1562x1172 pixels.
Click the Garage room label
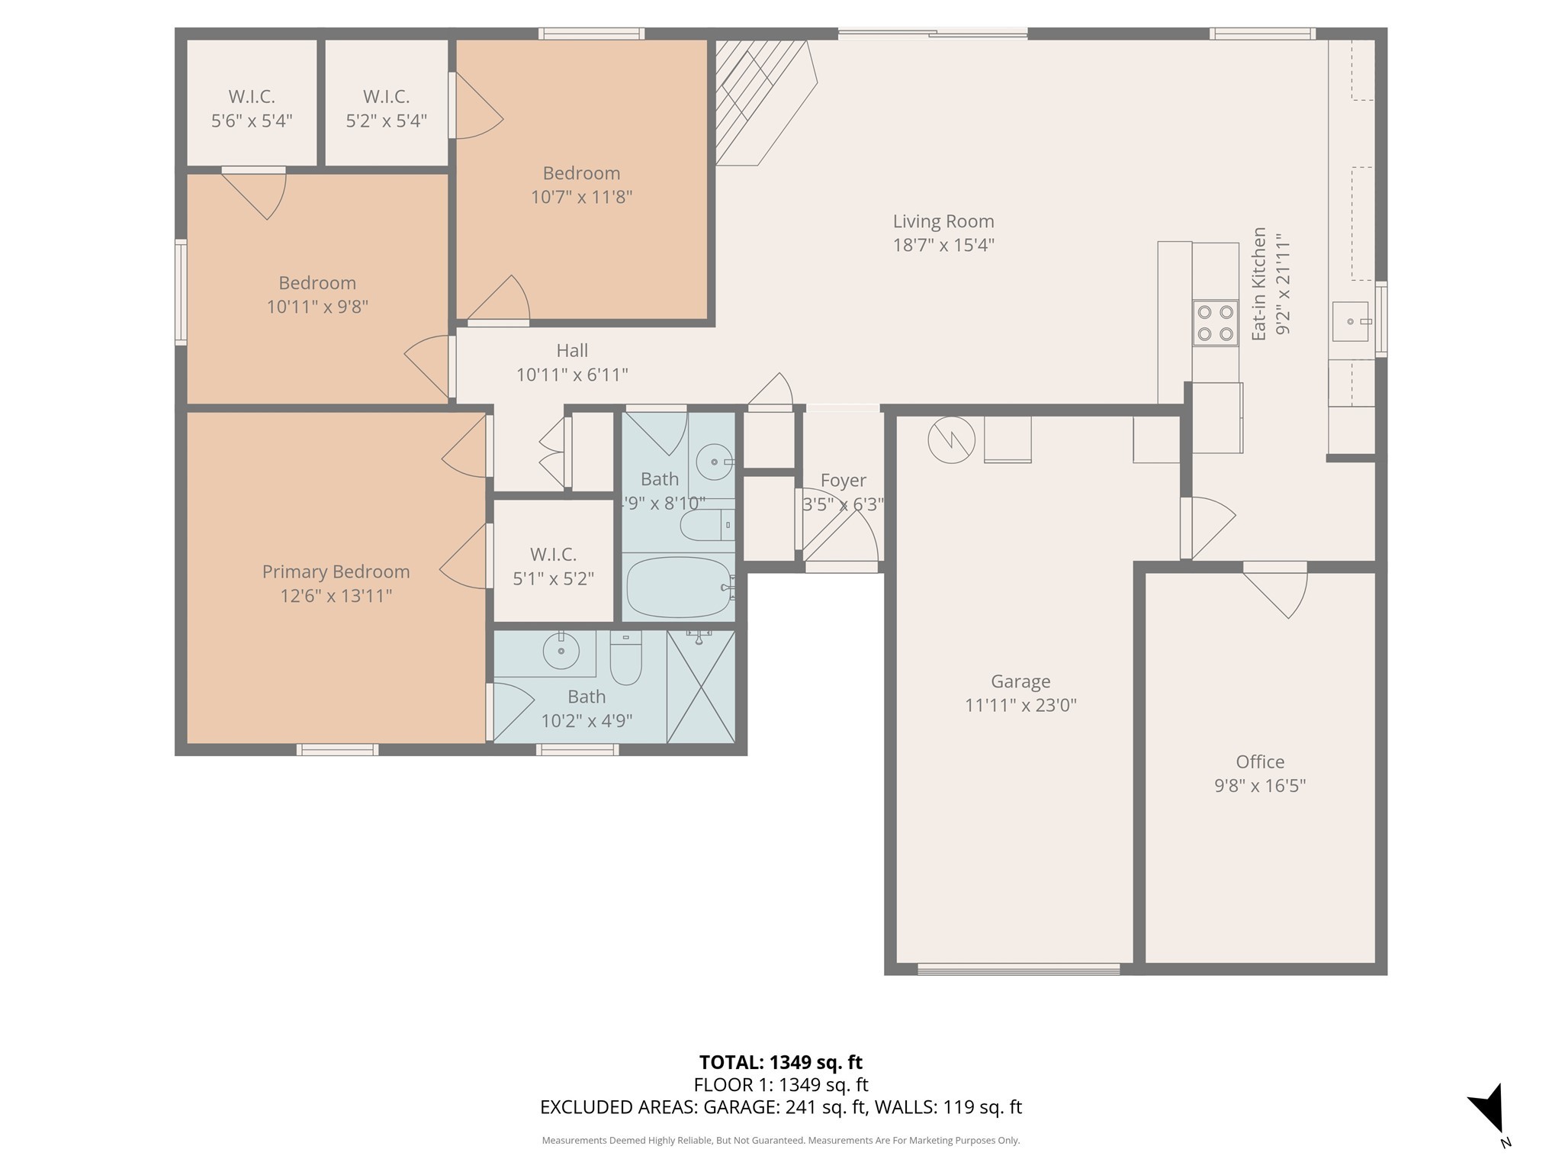click(1020, 681)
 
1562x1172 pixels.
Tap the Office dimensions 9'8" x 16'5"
click(1259, 786)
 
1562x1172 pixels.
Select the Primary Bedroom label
click(336, 572)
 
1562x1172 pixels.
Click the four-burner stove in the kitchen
click(1215, 323)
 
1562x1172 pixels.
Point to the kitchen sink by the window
click(1350, 321)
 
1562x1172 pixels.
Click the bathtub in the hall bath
click(677, 587)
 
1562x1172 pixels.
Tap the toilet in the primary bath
click(626, 659)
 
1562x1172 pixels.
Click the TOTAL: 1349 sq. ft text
click(780, 1062)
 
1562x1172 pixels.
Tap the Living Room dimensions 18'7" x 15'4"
click(943, 245)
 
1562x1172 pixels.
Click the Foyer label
click(843, 481)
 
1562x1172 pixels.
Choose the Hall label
click(571, 350)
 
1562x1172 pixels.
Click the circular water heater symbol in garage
click(951, 439)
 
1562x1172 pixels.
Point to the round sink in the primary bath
click(561, 651)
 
